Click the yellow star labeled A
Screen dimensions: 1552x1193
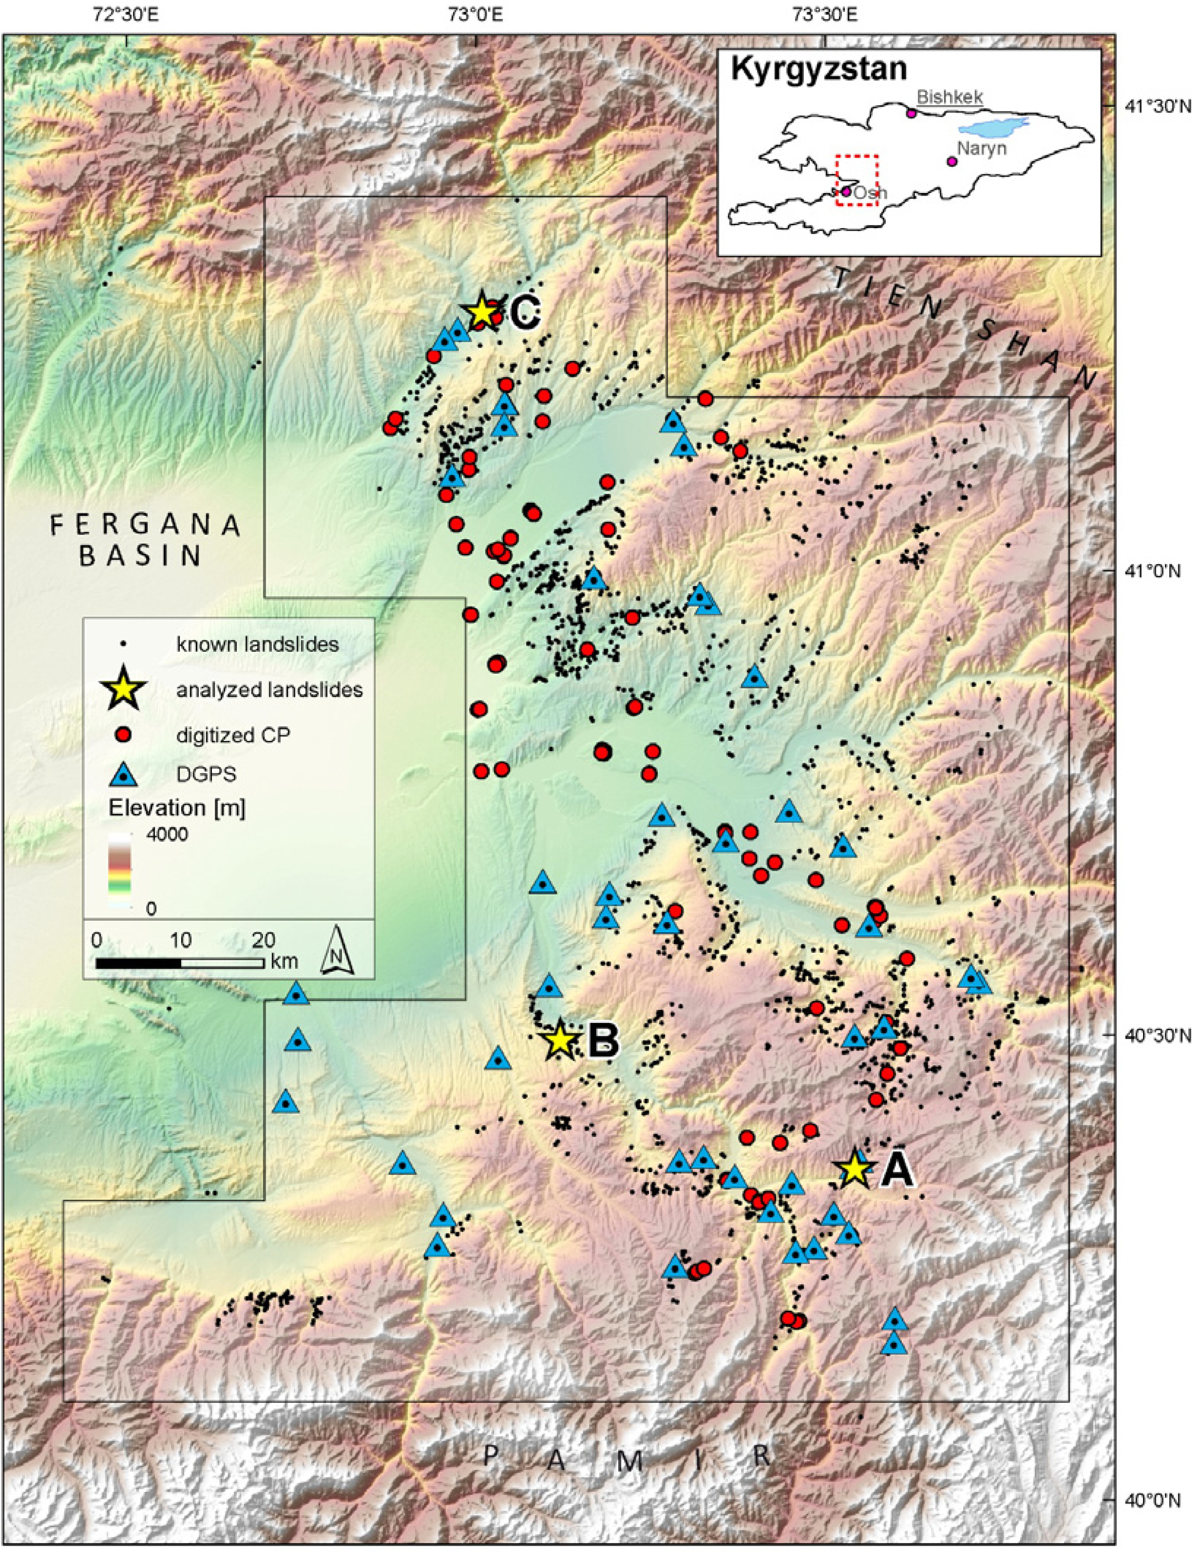(854, 1167)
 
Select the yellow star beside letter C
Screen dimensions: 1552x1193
(481, 310)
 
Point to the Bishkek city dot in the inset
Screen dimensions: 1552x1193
(911, 113)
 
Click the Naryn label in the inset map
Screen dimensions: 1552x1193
(982, 149)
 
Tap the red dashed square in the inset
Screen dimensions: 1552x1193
(857, 180)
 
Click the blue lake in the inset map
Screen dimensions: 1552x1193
(993, 127)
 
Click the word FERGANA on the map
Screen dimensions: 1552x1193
(146, 526)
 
